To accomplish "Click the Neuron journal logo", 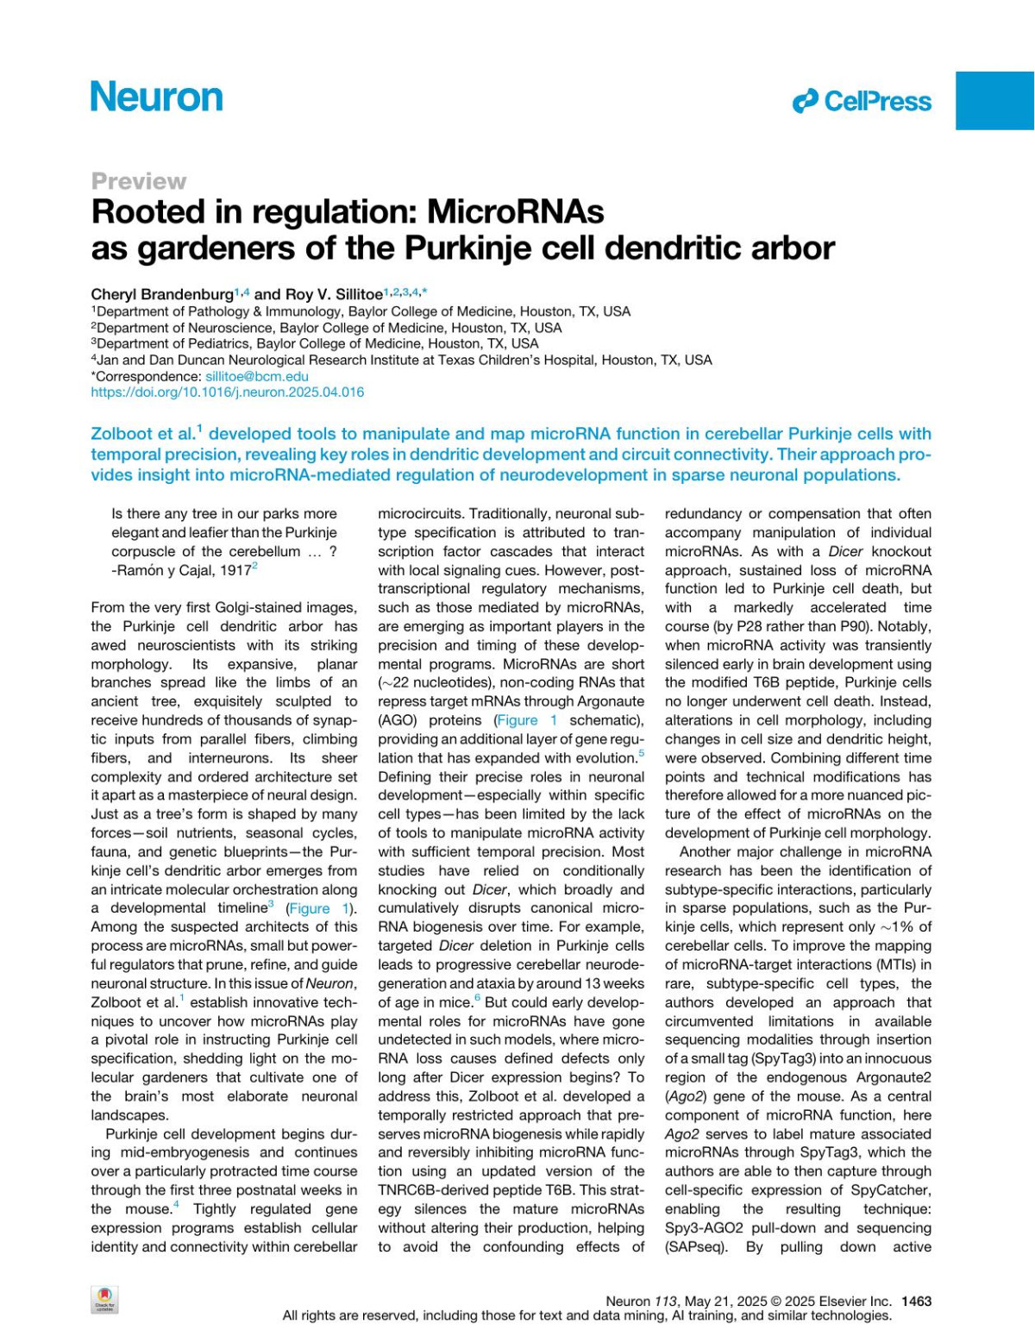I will (157, 97).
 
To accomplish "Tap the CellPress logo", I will (862, 101).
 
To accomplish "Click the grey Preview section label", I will (138, 181).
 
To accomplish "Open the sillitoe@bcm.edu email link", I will (256, 376).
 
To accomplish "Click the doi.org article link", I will (227, 392).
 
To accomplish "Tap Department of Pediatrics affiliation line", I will (317, 343).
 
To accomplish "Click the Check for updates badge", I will (104, 1300).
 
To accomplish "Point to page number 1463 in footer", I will (916, 1301).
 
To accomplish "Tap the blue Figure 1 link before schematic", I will (526, 720).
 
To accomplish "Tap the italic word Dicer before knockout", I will (845, 551).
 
